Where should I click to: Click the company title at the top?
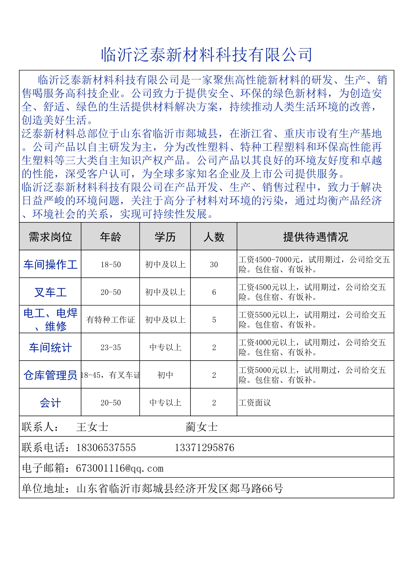tap(206, 55)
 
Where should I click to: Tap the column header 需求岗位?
tap(50, 237)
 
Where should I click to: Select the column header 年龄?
tap(110, 237)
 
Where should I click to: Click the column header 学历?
tap(165, 237)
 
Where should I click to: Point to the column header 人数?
tap(214, 237)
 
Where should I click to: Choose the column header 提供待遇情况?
tap(315, 237)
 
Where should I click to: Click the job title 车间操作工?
tap(50, 264)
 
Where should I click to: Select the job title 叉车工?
tap(50, 292)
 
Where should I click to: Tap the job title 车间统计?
tap(50, 347)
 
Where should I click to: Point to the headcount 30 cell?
tap(214, 264)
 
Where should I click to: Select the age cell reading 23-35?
tap(111, 347)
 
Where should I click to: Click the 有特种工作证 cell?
tap(111, 320)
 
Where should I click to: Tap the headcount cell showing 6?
tap(214, 292)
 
